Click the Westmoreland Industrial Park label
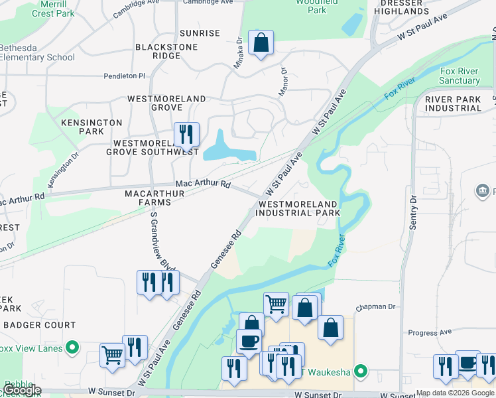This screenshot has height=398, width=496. tap(298, 208)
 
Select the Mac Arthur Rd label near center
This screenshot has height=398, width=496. tap(202, 184)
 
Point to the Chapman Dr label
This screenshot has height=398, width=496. tap(375, 307)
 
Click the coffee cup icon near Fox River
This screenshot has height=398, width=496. tap(249, 341)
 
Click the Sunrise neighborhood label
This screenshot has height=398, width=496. tap(200, 33)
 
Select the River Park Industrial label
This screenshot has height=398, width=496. tap(454, 103)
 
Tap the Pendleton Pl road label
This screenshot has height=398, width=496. tap(124, 76)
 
